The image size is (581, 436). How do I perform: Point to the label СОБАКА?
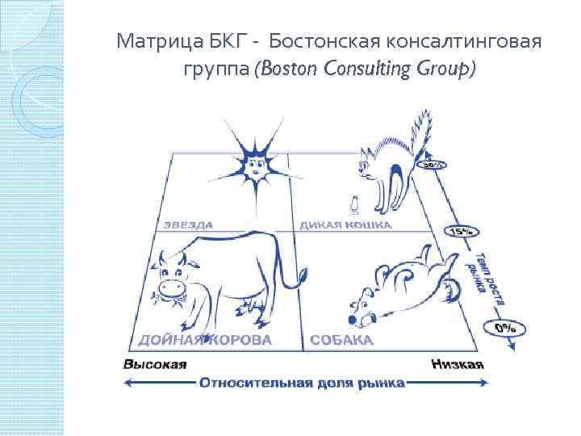click(x=341, y=340)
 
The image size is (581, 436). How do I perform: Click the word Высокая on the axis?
click(x=154, y=364)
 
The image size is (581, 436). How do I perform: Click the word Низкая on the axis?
click(x=457, y=364)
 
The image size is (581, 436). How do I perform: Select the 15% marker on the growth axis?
click(x=461, y=231)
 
